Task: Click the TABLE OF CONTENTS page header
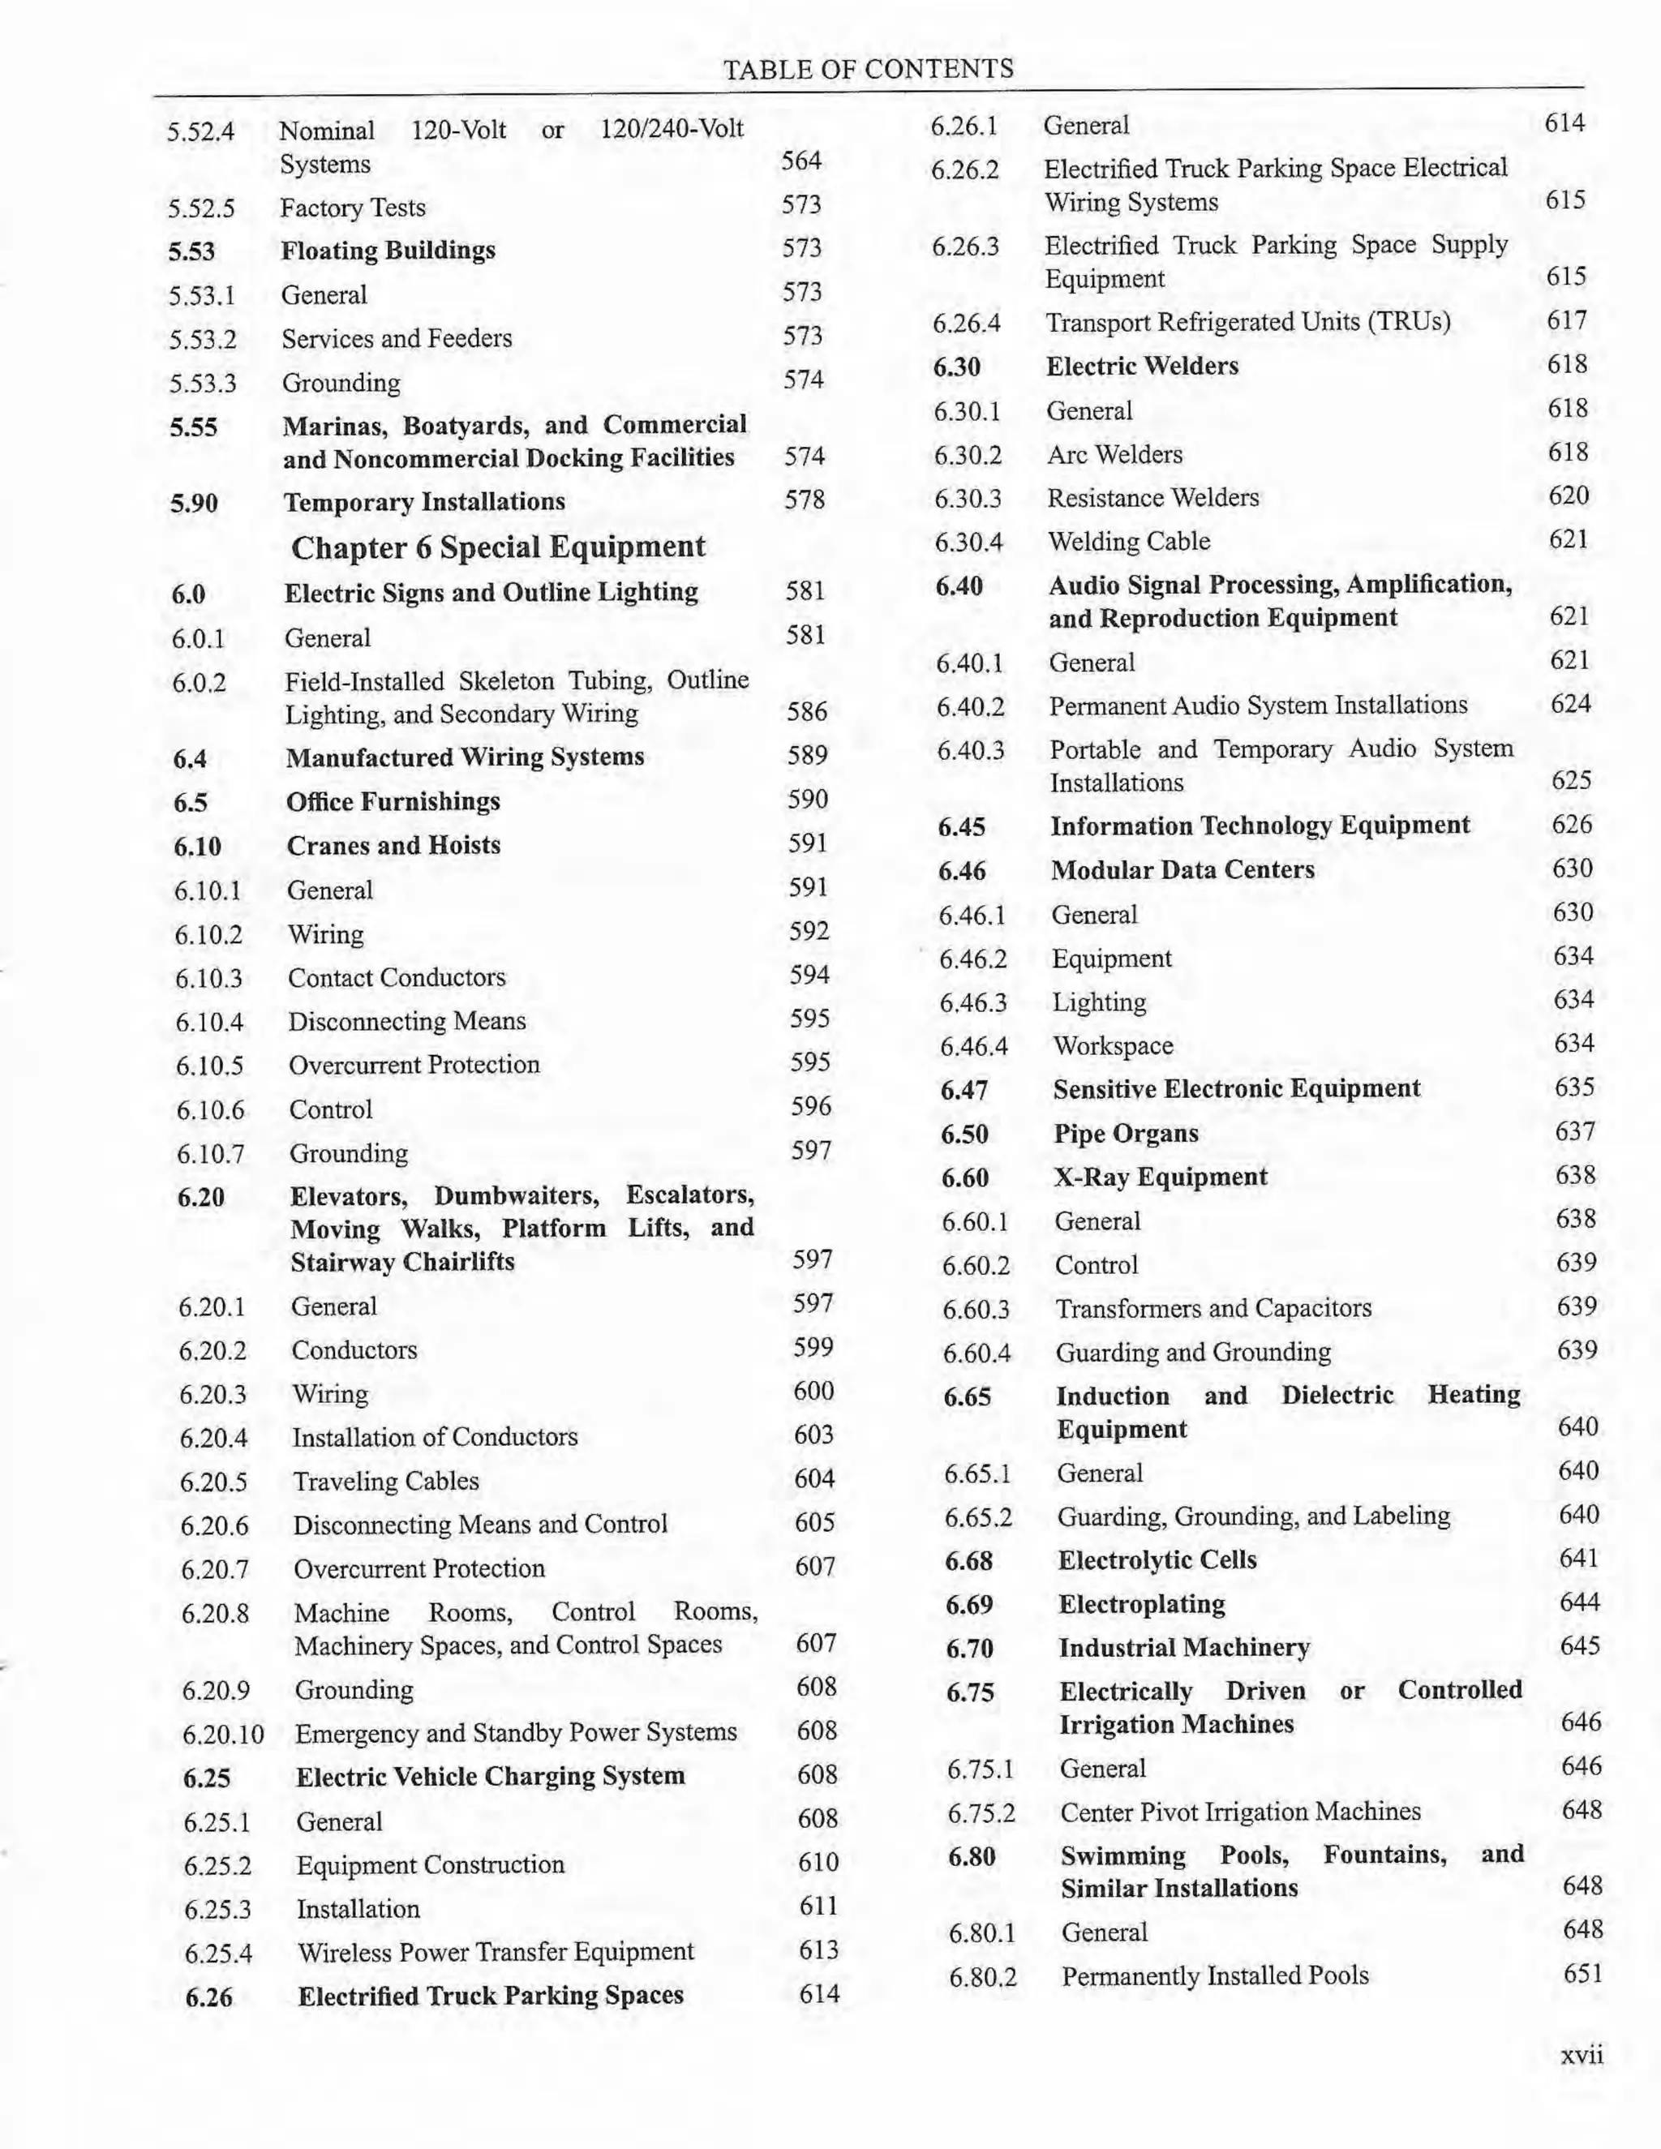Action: (868, 69)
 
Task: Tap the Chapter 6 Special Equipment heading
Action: (498, 547)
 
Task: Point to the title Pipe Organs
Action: (1126, 1134)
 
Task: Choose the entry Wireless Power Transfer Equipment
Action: (495, 1951)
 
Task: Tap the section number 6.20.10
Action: (223, 1734)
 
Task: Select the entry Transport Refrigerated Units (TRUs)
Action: (1247, 323)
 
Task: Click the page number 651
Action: (1582, 1974)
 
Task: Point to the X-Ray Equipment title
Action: (1160, 1177)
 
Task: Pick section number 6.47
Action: (964, 1090)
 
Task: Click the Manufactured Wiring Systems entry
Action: (465, 757)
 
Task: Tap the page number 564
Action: (801, 161)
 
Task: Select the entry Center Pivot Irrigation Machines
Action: (1240, 1812)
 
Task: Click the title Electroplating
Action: (1141, 1604)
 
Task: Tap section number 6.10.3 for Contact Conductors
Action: (208, 979)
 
